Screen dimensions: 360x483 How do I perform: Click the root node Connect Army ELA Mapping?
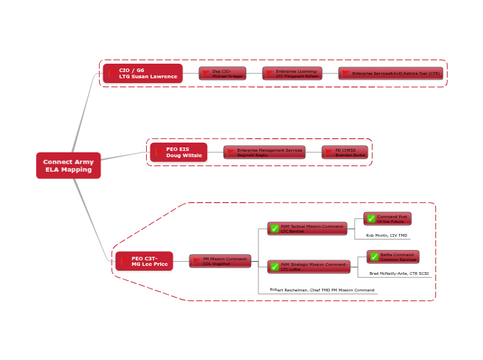click(68, 165)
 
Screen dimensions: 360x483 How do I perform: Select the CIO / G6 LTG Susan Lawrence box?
click(143, 73)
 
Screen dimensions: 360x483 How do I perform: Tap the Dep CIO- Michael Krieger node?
click(222, 73)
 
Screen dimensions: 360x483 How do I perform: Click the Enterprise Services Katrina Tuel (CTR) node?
click(390, 73)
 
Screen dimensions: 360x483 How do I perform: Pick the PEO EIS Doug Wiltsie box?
click(178, 152)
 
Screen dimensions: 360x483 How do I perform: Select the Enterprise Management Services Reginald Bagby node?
click(264, 152)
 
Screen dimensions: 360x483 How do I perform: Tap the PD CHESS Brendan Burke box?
click(344, 152)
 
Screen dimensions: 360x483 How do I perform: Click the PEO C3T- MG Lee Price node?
click(144, 261)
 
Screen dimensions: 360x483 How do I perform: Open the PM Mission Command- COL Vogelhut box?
click(220, 261)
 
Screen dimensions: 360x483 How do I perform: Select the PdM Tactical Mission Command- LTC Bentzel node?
click(307, 228)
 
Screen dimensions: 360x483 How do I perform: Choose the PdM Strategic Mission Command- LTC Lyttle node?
click(308, 267)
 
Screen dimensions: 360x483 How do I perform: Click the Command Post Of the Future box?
click(387, 219)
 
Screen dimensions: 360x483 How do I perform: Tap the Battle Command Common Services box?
click(393, 257)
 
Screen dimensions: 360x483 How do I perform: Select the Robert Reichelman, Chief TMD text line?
click(322, 290)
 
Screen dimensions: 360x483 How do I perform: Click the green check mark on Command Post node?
click(371, 219)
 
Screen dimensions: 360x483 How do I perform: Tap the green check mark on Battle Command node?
click(374, 257)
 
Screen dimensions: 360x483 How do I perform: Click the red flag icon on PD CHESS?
click(329, 152)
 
